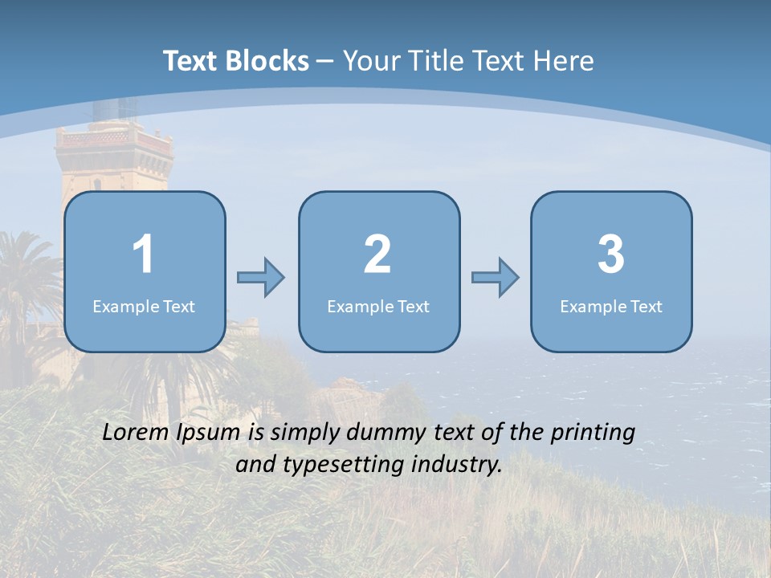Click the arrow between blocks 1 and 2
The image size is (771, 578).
261,278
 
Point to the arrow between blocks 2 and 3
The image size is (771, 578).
495,278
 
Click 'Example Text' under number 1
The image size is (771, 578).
144,307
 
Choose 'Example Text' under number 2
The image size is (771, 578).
378,307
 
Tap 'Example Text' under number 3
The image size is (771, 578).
611,307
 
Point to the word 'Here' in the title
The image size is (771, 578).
563,61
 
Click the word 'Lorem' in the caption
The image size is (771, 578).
137,433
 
